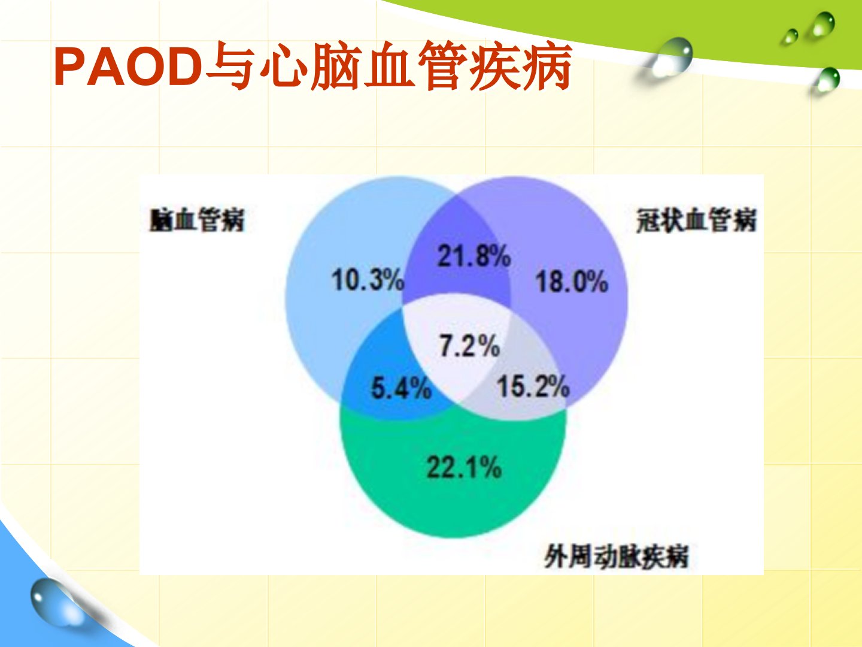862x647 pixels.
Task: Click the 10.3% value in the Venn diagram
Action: [x=368, y=280]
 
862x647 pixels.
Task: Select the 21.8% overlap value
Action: [x=474, y=256]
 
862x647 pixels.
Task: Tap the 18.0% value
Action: [x=572, y=282]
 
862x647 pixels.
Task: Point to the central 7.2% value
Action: [x=469, y=346]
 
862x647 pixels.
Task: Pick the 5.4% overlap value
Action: [x=401, y=388]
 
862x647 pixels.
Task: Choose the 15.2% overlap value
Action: [x=533, y=386]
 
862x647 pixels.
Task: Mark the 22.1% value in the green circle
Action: [x=464, y=467]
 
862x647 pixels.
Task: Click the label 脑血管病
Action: [x=197, y=219]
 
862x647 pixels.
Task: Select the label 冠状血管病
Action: [x=696, y=220]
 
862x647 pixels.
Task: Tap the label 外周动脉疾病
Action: [x=616, y=557]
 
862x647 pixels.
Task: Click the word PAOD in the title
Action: [x=128, y=66]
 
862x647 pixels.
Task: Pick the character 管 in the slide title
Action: [x=442, y=66]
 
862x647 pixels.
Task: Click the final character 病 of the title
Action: [x=547, y=66]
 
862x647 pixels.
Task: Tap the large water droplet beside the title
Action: [x=672, y=58]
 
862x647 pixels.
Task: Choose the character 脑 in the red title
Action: [x=336, y=66]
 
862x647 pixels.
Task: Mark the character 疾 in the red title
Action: [x=495, y=66]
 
